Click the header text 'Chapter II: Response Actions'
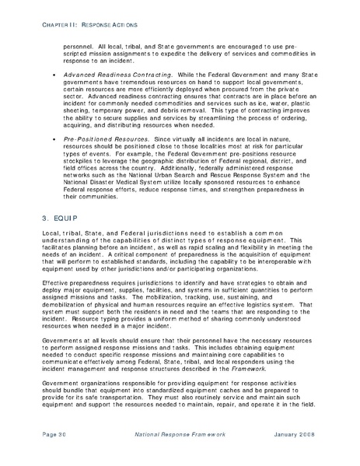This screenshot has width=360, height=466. (x=68, y=28)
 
